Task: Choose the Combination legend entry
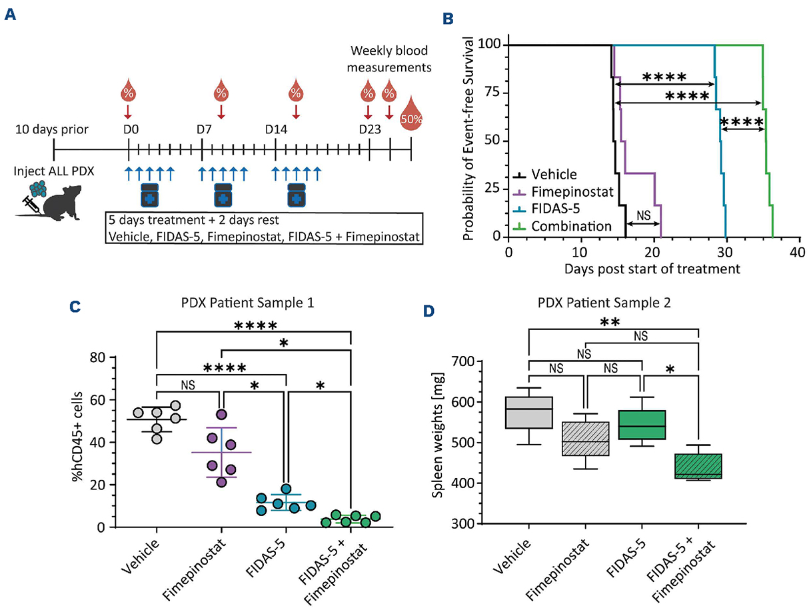(571, 226)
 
